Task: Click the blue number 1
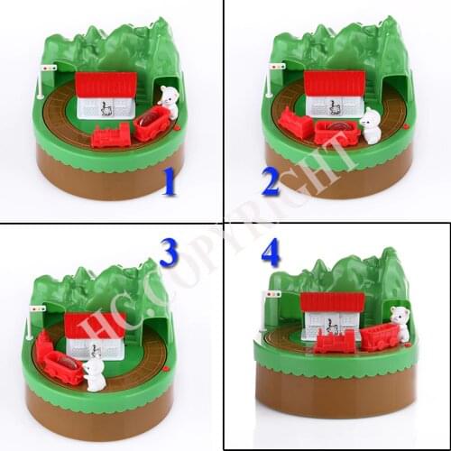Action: pos(169,184)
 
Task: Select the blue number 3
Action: pos(169,253)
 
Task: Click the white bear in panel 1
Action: pos(170,101)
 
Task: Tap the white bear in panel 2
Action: pos(370,125)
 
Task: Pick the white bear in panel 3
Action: pos(94,373)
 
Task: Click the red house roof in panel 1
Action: pos(106,86)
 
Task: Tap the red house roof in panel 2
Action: pos(335,83)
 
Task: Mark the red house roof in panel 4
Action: pos(332,302)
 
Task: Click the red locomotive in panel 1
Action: pos(112,136)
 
